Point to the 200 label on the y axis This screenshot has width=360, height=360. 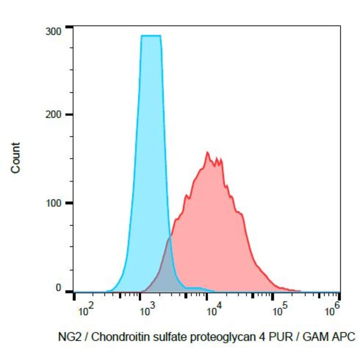pyautogui.click(x=55, y=115)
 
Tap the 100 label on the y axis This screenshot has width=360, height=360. pyautogui.click(x=55, y=203)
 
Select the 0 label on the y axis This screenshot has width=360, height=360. pyautogui.click(x=59, y=288)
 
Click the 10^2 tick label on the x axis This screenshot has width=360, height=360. pyautogui.click(x=85, y=311)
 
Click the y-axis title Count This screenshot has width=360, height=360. pyautogui.click(x=16, y=157)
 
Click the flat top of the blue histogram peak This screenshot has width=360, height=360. pyautogui.click(x=151, y=36)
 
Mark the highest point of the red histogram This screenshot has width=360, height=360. pyautogui.click(x=207, y=152)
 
